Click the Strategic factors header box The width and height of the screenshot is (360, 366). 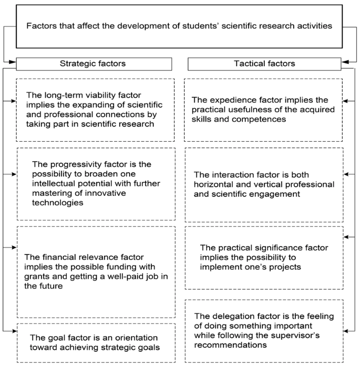click(94, 64)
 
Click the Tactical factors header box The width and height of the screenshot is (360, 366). click(264, 64)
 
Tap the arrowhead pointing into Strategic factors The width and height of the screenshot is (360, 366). click(12, 62)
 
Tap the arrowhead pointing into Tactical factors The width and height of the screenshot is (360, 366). click(345, 62)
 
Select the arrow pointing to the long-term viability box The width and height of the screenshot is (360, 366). click(9, 101)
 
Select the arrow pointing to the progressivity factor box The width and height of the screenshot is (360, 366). click(9, 174)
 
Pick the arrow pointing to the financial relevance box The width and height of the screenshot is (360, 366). click(10, 247)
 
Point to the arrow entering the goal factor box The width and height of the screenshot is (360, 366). click(10, 331)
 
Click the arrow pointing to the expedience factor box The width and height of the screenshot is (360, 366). click(349, 101)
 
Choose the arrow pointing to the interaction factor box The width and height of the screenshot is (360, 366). click(349, 174)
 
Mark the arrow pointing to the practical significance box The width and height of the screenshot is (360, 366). click(349, 237)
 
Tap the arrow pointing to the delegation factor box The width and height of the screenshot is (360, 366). click(349, 331)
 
